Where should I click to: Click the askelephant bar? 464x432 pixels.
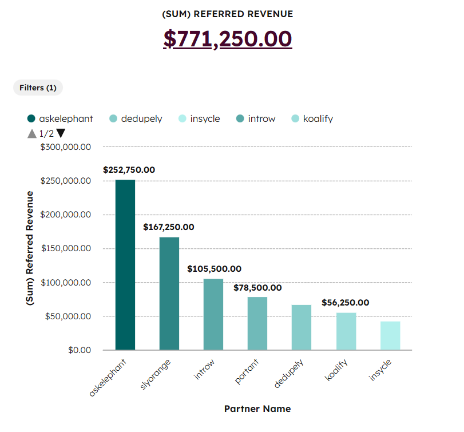(x=125, y=265)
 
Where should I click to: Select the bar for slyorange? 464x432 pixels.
(x=169, y=294)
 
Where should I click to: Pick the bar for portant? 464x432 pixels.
(x=257, y=323)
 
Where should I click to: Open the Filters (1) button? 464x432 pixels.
(x=38, y=88)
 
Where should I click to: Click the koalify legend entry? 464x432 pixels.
(x=312, y=119)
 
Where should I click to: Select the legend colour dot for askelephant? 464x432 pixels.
(x=31, y=119)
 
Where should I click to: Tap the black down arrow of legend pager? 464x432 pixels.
(x=61, y=133)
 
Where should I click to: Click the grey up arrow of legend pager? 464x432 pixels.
(x=32, y=133)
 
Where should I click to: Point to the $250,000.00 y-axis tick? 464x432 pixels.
(x=66, y=181)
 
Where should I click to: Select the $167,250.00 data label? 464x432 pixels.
(x=168, y=227)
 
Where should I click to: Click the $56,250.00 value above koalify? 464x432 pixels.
(x=345, y=303)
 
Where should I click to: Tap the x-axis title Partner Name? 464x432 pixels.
(x=257, y=409)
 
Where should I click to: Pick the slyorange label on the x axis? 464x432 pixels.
(x=155, y=375)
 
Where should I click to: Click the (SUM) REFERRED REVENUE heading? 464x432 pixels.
(x=228, y=14)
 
